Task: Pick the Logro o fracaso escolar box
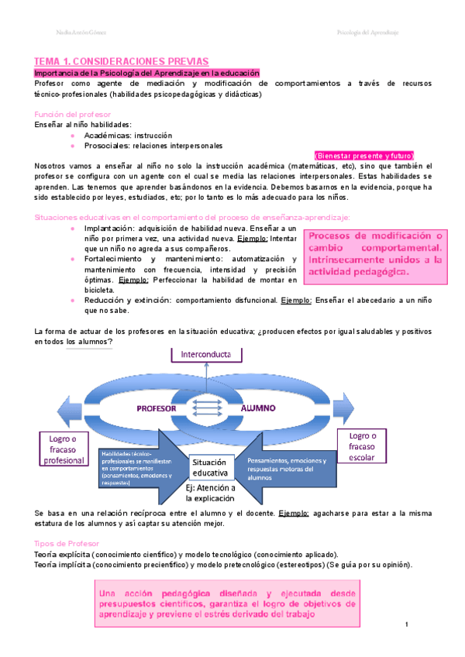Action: [363, 446]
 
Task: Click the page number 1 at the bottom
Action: [406, 624]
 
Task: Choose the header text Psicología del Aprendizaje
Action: [367, 33]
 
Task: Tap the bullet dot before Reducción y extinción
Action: [72, 299]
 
